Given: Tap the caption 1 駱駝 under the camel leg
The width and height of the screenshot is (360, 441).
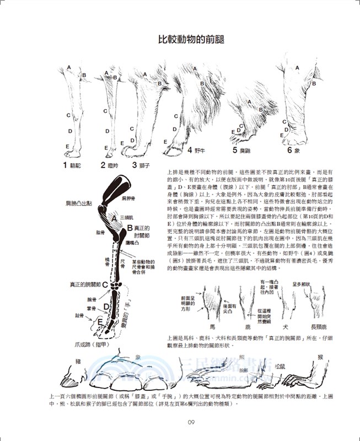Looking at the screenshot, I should [x=73, y=164].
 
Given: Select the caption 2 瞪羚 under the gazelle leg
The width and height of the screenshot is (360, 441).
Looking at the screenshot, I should [x=111, y=164].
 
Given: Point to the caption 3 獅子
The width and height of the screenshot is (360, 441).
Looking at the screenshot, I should [x=142, y=164].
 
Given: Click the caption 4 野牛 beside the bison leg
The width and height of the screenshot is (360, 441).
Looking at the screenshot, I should [x=196, y=149].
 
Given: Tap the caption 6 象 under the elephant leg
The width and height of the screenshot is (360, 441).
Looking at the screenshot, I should [x=293, y=149].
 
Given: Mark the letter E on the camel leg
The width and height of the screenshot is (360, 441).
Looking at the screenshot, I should [x=67, y=146].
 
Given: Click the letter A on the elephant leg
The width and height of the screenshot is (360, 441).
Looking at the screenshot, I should [x=297, y=68].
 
